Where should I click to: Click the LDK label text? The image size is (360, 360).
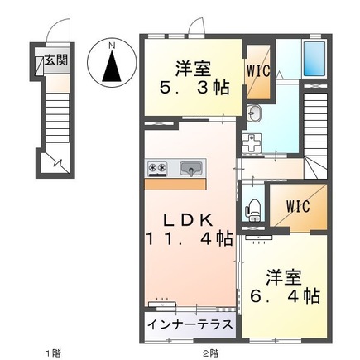click(x=189, y=219)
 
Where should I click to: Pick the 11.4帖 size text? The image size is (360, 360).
click(x=190, y=240)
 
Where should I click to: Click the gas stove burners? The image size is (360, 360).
click(x=158, y=169)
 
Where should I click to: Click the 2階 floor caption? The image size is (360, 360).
click(x=212, y=353)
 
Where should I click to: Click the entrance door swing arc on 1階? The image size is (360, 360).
click(x=55, y=31)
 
